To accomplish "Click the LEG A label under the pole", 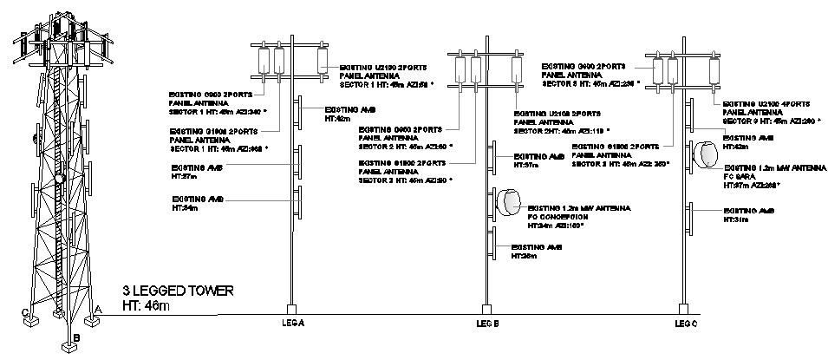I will pos(295,323).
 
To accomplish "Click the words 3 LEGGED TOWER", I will pos(178,291).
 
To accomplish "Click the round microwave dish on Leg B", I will pos(505,202).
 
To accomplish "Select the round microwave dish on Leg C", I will pos(704,154).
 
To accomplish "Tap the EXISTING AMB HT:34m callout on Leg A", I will pos(198,203).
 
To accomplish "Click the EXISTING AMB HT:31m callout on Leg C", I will pos(748,213).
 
